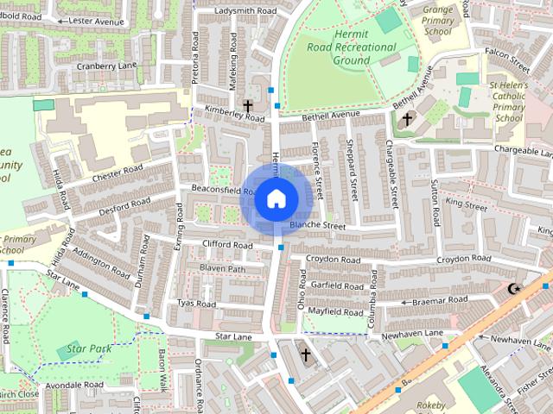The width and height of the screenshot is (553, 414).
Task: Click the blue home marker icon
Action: [275, 199]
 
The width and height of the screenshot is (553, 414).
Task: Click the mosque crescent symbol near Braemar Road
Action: [517, 288]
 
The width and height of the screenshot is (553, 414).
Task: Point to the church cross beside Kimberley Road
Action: [248, 107]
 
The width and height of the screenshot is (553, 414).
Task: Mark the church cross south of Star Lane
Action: [304, 354]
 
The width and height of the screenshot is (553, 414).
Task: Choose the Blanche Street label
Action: [317, 226]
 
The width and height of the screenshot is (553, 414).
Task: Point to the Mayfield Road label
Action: [335, 312]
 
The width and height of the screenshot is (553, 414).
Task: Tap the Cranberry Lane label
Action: [107, 66]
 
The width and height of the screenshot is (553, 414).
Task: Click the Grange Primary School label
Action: [438, 20]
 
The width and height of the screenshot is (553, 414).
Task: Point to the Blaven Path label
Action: [223, 269]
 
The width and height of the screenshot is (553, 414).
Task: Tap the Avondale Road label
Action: [75, 385]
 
